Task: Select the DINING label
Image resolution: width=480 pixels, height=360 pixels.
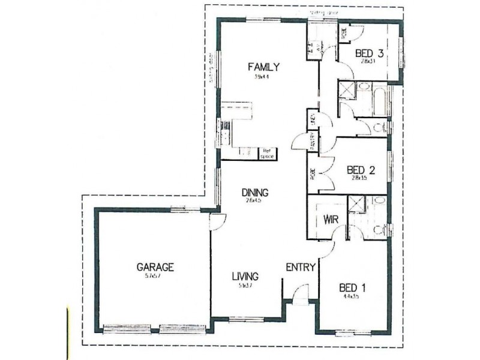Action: (x=254, y=193)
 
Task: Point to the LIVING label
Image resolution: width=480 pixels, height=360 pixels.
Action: (x=245, y=277)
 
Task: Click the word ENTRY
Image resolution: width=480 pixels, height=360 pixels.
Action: (x=300, y=268)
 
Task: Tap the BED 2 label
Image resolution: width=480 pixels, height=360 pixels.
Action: (x=361, y=169)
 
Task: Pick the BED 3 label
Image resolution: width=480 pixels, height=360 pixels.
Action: (x=369, y=53)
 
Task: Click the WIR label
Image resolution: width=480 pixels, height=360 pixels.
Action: (x=332, y=219)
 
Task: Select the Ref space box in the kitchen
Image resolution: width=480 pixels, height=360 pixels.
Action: (x=266, y=154)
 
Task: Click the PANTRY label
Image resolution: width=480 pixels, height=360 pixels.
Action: (x=313, y=143)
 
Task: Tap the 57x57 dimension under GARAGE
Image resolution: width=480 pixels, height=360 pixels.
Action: (x=154, y=276)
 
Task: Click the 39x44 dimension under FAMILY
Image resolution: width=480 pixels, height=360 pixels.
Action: (x=260, y=76)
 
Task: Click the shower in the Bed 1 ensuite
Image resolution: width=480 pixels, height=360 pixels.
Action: (x=356, y=205)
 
